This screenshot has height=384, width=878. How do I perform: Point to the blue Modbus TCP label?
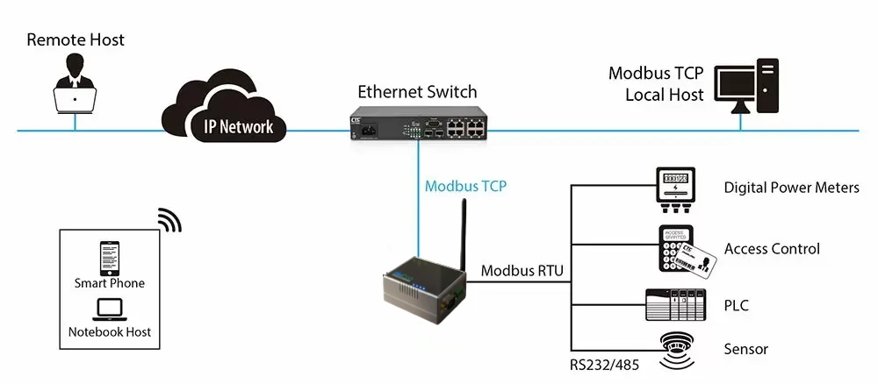(x=465, y=187)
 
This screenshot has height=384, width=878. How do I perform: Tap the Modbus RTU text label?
(x=522, y=270)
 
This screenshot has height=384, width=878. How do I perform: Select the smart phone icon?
(x=110, y=258)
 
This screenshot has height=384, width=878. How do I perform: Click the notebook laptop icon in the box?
(x=110, y=309)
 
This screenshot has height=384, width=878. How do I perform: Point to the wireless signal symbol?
(x=169, y=221)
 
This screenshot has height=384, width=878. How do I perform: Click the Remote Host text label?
(x=76, y=39)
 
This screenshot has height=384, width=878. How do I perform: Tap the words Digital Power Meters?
(x=791, y=188)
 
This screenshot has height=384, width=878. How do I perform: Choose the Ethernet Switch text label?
(x=417, y=91)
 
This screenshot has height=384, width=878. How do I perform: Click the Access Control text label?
(x=772, y=249)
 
